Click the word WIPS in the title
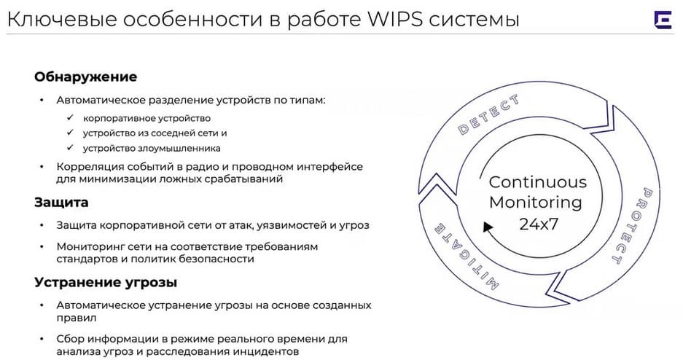coord(395,19)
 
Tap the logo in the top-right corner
coord(663,20)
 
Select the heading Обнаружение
coord(86,77)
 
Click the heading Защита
coord(61,203)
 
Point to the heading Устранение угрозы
coord(106,283)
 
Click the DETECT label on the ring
coord(488,114)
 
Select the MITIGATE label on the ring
coord(466,257)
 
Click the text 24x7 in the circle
coord(539,224)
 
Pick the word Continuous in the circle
coord(538,182)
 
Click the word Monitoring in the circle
coord(536,203)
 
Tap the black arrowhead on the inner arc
coord(488,227)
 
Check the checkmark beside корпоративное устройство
coord(70,118)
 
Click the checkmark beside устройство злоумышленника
coord(70,148)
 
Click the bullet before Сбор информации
coord(42,339)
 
